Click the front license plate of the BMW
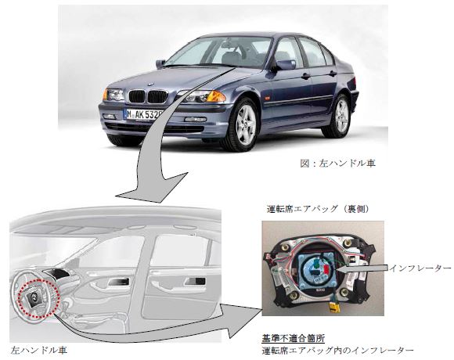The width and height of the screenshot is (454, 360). coord(143,114)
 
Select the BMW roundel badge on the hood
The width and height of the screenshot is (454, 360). coord(150,85)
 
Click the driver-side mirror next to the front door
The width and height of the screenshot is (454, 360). coord(284,64)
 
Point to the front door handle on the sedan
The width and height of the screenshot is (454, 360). coord(305,77)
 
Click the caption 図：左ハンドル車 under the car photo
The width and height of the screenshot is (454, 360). coord(338,164)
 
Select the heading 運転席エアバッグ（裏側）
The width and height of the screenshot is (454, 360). coord(318,209)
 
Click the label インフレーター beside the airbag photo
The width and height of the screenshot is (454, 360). coord(420,268)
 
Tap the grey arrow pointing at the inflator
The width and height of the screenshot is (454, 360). coord(362,269)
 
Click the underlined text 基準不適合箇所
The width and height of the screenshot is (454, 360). coord(294,338)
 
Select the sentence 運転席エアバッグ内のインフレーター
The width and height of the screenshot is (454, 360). coord(337,351)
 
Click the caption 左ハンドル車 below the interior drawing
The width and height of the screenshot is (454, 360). coord(39,351)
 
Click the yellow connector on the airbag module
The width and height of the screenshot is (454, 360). coord(333,308)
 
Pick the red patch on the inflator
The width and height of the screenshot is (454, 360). coord(326,270)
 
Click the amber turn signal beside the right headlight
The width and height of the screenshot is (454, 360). coord(216,96)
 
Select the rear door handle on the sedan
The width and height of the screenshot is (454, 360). coord(333,74)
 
